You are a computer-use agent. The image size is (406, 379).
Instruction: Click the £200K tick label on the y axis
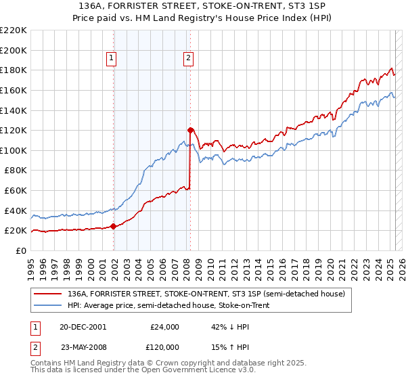click(x=14, y=50)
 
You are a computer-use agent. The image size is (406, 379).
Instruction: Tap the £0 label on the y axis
click(x=21, y=250)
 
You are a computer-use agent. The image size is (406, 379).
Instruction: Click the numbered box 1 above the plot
click(x=112, y=59)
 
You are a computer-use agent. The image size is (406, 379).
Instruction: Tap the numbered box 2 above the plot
click(x=187, y=59)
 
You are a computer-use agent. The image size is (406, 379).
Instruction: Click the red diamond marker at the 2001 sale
click(x=113, y=227)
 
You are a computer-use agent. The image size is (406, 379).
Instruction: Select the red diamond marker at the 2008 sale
click(x=190, y=130)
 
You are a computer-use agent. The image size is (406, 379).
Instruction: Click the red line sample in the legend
click(x=48, y=294)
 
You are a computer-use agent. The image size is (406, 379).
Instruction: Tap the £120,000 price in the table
click(x=164, y=347)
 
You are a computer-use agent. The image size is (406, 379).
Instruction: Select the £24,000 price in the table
click(x=164, y=327)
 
